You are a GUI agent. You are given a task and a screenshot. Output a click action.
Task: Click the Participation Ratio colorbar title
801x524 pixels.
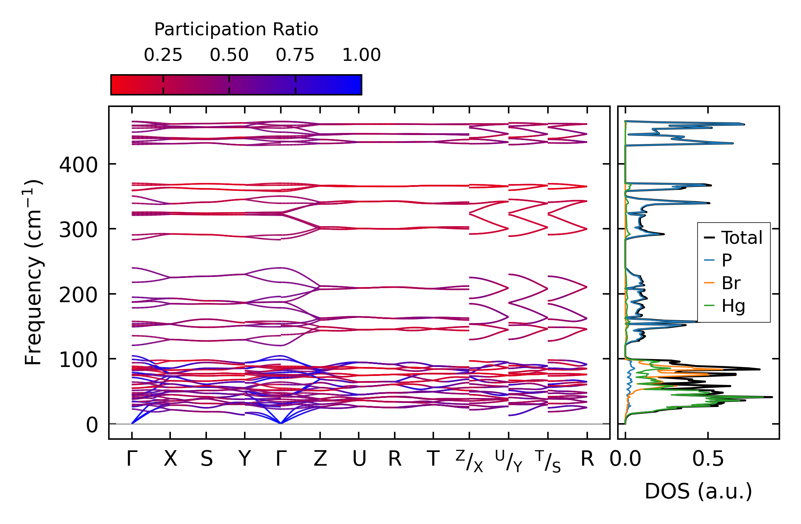(236, 30)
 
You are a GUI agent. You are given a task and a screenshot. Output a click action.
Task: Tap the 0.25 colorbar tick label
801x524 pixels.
(163, 55)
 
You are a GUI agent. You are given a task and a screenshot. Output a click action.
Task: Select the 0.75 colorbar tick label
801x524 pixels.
(295, 55)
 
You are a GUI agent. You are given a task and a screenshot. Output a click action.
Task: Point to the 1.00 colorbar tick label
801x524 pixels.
(361, 55)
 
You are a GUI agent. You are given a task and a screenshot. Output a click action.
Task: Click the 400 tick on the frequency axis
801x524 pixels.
(78, 165)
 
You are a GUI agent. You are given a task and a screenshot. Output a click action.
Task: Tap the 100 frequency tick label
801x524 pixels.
(78, 360)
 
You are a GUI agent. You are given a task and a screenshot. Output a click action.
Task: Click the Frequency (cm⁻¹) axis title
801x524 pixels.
(33, 272)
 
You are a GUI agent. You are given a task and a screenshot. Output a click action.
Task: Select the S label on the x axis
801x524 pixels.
(207, 459)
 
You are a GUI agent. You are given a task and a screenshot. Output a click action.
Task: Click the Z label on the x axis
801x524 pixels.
(320, 459)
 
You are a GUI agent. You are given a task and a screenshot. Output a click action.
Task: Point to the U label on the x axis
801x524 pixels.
(359, 459)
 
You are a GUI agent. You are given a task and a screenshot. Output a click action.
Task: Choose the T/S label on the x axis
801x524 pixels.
(548, 461)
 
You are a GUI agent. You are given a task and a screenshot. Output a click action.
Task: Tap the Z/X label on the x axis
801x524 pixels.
(469, 461)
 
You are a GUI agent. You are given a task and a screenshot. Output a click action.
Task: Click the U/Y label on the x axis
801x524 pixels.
(509, 461)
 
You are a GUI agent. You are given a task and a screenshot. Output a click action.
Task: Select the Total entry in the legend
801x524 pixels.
(733, 238)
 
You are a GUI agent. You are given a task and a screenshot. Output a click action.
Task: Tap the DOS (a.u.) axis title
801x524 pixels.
(698, 492)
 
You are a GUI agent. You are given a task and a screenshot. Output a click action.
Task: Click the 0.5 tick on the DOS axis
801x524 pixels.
(708, 459)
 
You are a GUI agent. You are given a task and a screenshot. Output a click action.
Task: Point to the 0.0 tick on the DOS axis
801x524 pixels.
(625, 459)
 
